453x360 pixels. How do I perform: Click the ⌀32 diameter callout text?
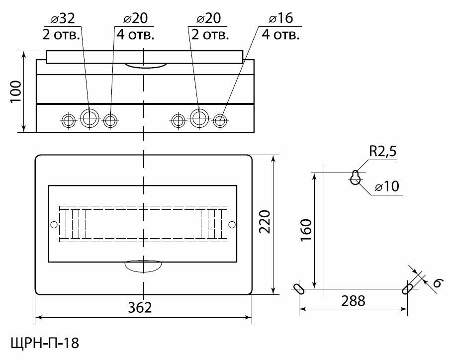tap(63, 18)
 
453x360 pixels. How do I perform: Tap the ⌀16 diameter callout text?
tap(281, 18)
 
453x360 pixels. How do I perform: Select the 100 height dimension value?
tap(16, 91)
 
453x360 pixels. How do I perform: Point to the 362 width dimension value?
tap(140, 307)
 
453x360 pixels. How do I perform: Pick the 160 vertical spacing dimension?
tap(306, 230)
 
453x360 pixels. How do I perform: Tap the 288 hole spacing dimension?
tap(353, 301)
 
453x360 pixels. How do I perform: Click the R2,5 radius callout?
tap(383, 151)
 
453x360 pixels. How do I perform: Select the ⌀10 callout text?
tap(387, 186)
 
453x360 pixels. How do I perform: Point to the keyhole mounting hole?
tap(356, 178)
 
